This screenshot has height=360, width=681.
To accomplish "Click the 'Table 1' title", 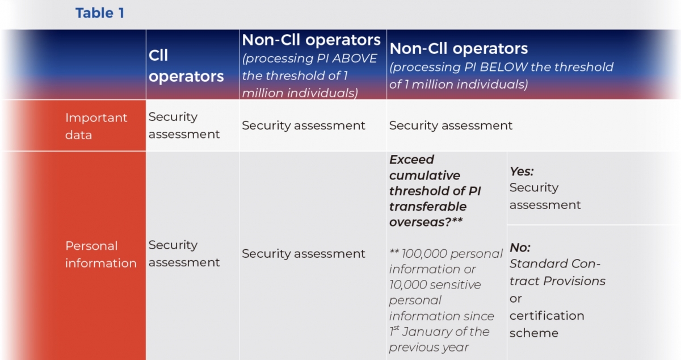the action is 100,13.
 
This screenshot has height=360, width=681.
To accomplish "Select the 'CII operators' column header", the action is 186,66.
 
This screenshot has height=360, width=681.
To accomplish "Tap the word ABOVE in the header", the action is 355,58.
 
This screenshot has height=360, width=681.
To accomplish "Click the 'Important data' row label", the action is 96,126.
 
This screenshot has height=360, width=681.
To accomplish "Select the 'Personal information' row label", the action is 101,254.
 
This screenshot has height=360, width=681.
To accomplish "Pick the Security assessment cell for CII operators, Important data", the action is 184,125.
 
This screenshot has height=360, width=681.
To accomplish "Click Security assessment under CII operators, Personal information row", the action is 184,253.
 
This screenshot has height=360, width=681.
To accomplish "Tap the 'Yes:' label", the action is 522,171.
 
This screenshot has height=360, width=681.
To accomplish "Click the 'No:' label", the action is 520,248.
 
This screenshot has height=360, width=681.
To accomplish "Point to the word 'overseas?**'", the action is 426,222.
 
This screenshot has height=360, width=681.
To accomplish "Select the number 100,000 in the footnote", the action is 424,253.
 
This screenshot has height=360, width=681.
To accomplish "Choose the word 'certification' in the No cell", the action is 547,316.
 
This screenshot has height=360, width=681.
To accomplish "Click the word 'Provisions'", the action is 574,281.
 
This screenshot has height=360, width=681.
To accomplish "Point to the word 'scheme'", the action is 534,333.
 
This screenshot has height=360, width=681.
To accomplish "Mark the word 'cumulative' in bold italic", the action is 424,175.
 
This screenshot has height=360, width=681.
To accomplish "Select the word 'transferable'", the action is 428,207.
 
